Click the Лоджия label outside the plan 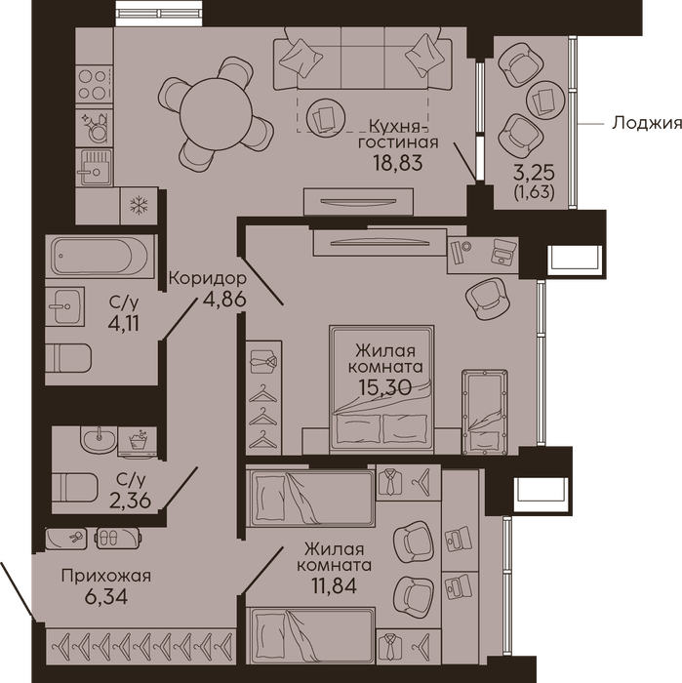pos(647,123)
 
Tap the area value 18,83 pos(398,163)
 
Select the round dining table pos(216,114)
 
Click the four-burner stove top pos(95,85)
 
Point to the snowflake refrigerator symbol pos(139,206)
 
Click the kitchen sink pos(95,167)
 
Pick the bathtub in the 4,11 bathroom pos(100,257)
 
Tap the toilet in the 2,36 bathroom pos(75,487)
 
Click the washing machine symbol pos(138,441)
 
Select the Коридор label pos(207,278)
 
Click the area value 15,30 pos(385,387)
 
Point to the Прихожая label pos(105,576)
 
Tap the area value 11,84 pos(334,585)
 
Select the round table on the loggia pos(545,100)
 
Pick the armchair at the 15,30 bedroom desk pos(487,299)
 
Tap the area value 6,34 pos(106,597)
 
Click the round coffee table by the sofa pos(325,116)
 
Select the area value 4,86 pos(224,300)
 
